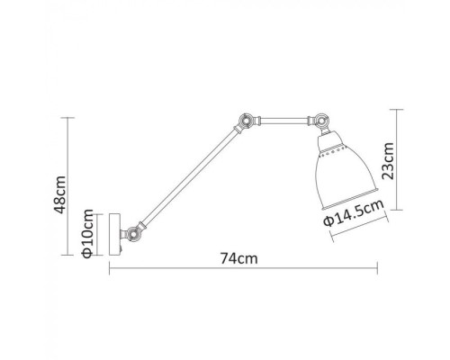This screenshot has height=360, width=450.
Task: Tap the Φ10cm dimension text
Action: point(88,233)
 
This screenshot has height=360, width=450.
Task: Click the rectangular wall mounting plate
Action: point(114,233)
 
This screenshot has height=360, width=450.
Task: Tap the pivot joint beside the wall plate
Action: point(132,233)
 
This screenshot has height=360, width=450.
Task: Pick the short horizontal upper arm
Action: point(280,117)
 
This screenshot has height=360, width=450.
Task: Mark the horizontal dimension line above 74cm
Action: point(243,269)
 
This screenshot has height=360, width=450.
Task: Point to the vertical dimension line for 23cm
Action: point(397,161)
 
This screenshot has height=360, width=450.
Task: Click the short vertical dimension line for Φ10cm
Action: point(100,233)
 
